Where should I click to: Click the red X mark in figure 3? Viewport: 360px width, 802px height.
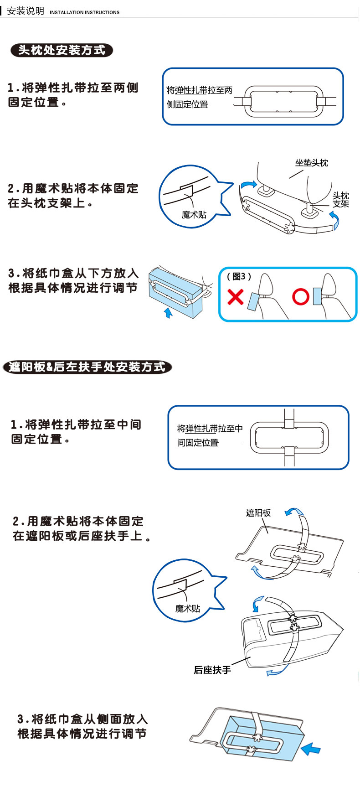(235, 297)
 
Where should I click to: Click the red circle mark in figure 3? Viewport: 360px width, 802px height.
(300, 297)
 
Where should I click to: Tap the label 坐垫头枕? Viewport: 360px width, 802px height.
(312, 163)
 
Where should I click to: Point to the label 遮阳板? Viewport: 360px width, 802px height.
(258, 513)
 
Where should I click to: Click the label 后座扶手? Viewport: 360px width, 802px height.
(212, 670)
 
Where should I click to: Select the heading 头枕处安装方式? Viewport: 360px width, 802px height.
(62, 50)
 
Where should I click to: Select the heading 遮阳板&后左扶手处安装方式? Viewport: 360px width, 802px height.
(87, 367)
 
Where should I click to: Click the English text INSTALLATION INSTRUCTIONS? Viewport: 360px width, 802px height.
(84, 12)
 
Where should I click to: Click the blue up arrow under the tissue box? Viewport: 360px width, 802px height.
(169, 313)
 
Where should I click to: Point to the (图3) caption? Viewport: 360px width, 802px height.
(239, 276)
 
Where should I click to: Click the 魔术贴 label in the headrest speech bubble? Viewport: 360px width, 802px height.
(194, 215)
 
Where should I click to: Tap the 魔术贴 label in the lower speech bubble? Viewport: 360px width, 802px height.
(188, 609)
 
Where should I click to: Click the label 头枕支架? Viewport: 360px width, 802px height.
(340, 200)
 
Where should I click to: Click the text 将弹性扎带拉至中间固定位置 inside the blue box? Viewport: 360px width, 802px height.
(210, 435)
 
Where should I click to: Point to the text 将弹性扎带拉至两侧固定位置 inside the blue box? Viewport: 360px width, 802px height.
(199, 97)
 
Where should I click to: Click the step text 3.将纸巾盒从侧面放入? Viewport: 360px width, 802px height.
(82, 719)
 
